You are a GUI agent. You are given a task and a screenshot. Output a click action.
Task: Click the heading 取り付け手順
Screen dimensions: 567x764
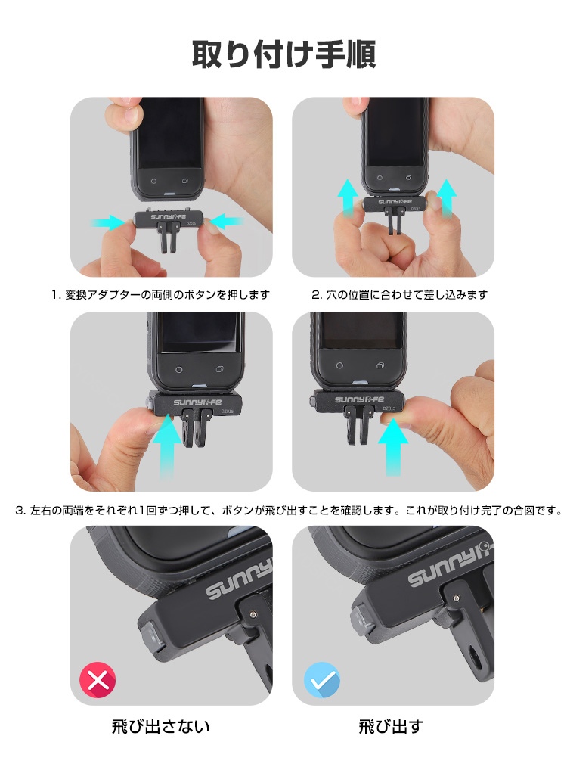(x=283, y=54)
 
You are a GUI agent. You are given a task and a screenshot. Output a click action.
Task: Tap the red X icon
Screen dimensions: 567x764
(x=98, y=680)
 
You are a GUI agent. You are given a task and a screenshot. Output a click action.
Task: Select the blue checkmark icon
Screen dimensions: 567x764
(x=322, y=680)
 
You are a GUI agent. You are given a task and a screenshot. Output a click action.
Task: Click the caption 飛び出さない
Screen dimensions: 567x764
(x=161, y=726)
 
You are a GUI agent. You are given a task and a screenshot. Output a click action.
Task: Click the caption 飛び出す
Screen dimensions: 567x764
(x=391, y=726)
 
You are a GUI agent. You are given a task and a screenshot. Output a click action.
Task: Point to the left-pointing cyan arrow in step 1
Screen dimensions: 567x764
(x=225, y=222)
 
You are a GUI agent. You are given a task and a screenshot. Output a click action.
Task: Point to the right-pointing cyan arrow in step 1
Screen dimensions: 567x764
(x=107, y=222)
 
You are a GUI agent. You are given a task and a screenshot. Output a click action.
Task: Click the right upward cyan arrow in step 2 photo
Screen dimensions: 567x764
(x=446, y=197)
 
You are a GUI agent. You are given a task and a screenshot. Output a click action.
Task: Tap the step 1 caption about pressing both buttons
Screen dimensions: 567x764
(x=160, y=295)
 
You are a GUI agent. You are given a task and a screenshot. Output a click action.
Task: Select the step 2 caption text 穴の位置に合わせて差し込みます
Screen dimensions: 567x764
(x=406, y=295)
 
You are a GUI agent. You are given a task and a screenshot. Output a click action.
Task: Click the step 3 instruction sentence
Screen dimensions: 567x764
(x=289, y=511)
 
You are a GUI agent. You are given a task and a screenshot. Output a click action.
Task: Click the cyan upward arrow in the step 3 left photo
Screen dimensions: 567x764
(x=166, y=446)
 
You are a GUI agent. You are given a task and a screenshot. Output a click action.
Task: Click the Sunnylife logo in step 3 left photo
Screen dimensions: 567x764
(x=197, y=402)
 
